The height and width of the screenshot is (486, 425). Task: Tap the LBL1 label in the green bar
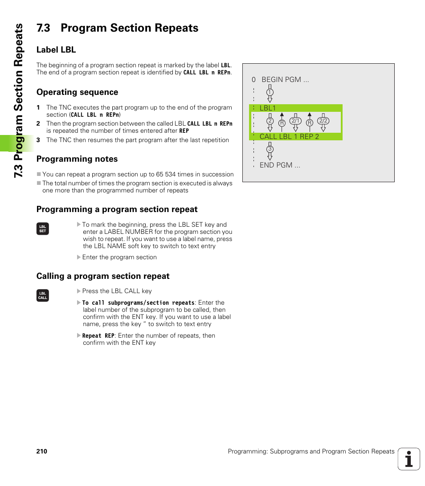pyautogui.click(x=268, y=108)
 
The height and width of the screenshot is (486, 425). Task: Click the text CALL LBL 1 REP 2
pyautogui.click(x=289, y=136)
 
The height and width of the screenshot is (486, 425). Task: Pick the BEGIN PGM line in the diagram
pyautogui.click(x=285, y=80)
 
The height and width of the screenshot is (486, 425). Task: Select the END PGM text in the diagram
pyautogui.click(x=280, y=165)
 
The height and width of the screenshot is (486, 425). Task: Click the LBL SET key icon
pyautogui.click(x=43, y=229)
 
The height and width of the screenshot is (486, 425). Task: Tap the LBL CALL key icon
pyautogui.click(x=43, y=295)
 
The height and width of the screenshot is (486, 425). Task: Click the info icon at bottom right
pyautogui.click(x=409, y=459)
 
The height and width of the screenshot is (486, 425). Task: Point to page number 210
pyautogui.click(x=42, y=451)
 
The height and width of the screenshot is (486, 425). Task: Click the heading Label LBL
pyautogui.click(x=56, y=49)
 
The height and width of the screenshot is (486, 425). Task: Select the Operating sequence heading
pyautogui.click(x=77, y=92)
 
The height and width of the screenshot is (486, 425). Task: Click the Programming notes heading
pyautogui.click(x=77, y=159)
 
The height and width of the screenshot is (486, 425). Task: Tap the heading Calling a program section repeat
pyautogui.click(x=103, y=276)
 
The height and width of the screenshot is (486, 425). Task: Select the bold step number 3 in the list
pyautogui.click(x=38, y=140)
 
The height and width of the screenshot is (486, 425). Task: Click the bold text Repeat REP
pyautogui.click(x=98, y=336)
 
